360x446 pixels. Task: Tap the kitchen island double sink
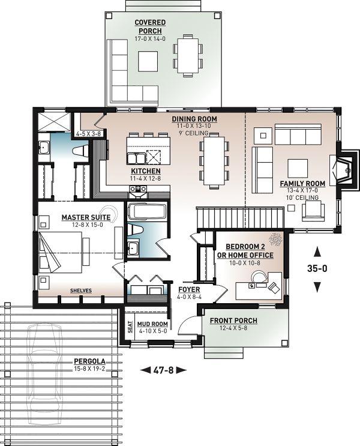[136, 158]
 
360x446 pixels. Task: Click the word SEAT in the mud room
[130, 327]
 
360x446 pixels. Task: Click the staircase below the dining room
[240, 217]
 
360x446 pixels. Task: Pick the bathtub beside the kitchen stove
[147, 212]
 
